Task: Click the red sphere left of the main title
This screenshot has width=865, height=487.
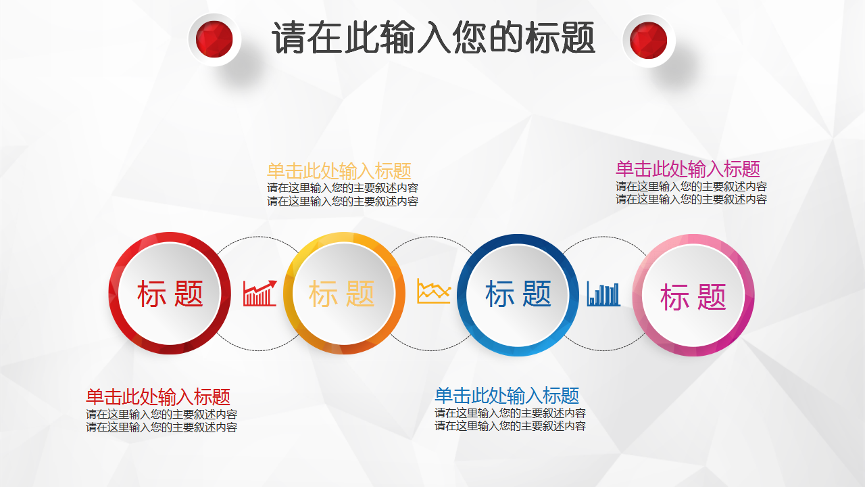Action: pyautogui.click(x=214, y=39)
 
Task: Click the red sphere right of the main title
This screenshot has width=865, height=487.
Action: pyautogui.click(x=648, y=40)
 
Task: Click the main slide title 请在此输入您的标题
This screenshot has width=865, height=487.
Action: pyautogui.click(x=433, y=37)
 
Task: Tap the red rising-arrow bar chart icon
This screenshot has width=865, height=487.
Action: pyautogui.click(x=260, y=293)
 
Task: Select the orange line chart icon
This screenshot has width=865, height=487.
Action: pyautogui.click(x=434, y=291)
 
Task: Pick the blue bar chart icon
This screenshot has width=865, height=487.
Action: pyautogui.click(x=603, y=294)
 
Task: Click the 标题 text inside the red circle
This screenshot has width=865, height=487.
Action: pyautogui.click(x=170, y=294)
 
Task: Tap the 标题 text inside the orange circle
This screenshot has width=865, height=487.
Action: pyautogui.click(x=342, y=294)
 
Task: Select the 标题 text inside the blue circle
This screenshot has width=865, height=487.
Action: pyautogui.click(x=518, y=294)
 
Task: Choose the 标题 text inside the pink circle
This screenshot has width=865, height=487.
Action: pyautogui.click(x=693, y=297)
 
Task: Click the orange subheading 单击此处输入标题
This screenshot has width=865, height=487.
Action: pyautogui.click(x=339, y=171)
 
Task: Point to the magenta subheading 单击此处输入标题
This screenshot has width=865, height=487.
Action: pyautogui.click(x=688, y=169)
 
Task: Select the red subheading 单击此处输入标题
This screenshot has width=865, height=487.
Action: pyautogui.click(x=158, y=397)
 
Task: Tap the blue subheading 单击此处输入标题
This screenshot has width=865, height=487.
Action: pyautogui.click(x=507, y=396)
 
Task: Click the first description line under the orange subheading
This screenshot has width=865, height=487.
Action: pyautogui.click(x=343, y=188)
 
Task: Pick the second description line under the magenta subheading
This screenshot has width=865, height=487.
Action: pyautogui.click(x=691, y=200)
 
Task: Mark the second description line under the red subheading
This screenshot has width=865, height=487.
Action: pyautogui.click(x=162, y=427)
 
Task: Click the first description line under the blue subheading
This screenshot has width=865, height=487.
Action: pyautogui.click(x=510, y=413)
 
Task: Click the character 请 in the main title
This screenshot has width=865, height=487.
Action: pyautogui.click(x=290, y=37)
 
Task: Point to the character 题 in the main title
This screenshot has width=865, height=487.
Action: pyautogui.click(x=577, y=37)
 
